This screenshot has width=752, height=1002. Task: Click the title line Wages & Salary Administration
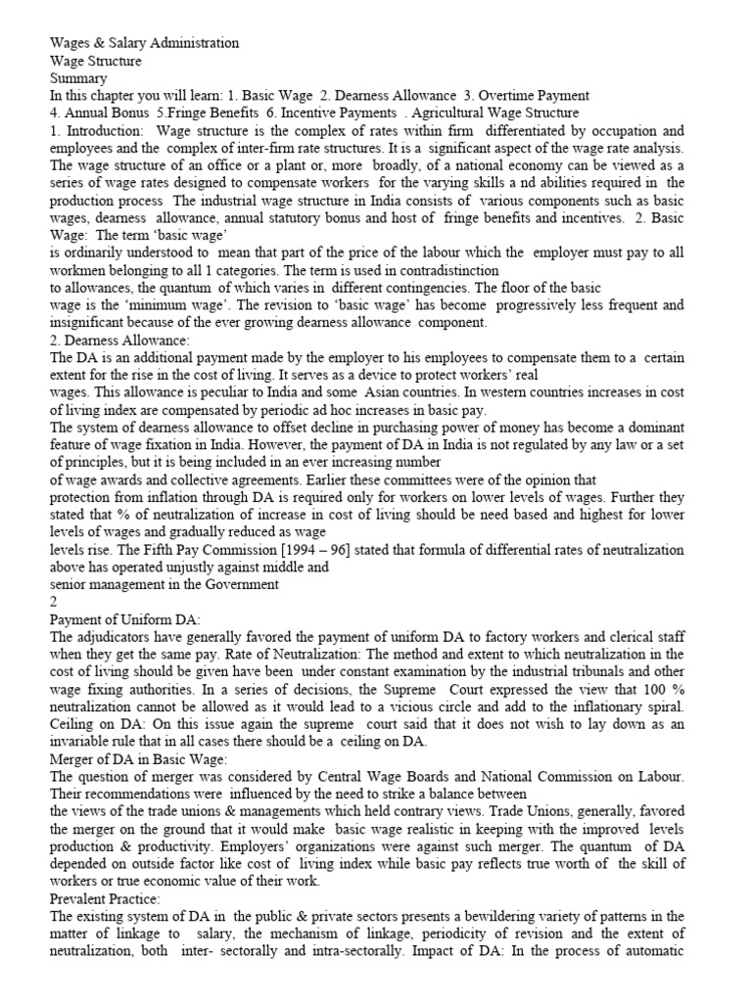coord(144,44)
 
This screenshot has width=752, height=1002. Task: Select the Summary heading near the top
coord(78,78)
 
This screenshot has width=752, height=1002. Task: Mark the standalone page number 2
coord(54,602)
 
